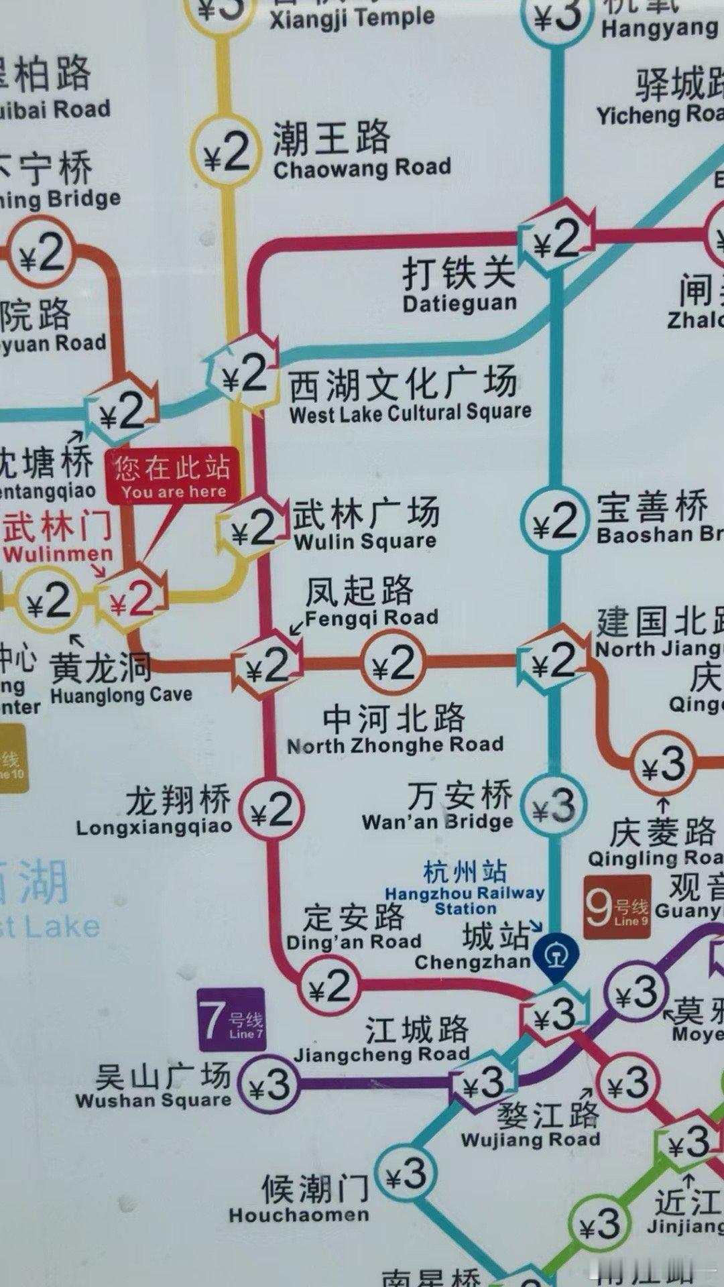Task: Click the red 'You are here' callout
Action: (x=172, y=475)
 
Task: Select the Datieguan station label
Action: (x=459, y=285)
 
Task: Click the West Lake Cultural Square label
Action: (x=409, y=395)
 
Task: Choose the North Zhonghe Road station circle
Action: (x=393, y=664)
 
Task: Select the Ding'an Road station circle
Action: (x=328, y=985)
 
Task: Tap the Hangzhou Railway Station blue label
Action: (x=465, y=889)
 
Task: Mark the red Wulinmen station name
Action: (x=57, y=536)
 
